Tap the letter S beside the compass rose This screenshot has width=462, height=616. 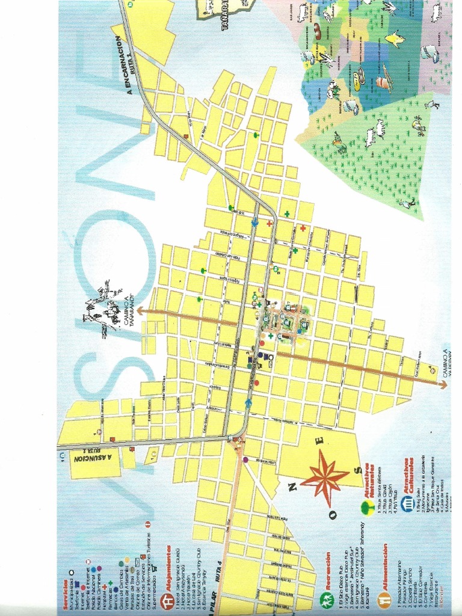pyautogui.click(x=359, y=470)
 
